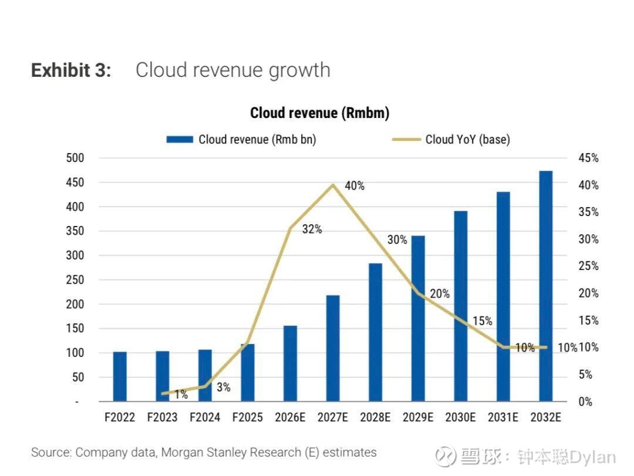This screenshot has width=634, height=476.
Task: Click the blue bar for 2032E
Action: tap(545, 286)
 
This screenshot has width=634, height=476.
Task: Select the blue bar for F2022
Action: tap(120, 376)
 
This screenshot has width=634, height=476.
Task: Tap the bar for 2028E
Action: tap(375, 332)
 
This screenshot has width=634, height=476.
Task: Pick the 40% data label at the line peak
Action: tap(355, 185)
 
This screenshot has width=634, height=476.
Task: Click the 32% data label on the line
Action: tap(312, 229)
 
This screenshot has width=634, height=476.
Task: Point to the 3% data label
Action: tap(224, 387)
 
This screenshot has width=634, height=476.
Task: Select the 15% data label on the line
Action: tap(483, 321)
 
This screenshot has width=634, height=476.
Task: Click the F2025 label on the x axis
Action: tap(248, 417)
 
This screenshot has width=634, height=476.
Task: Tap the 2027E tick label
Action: tap(333, 417)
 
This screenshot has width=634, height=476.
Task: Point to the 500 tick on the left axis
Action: tap(75, 158)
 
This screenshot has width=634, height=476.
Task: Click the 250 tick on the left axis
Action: tap(75, 279)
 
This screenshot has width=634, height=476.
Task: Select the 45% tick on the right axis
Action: tap(588, 158)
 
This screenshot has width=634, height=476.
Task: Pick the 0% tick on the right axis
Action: tap(585, 401)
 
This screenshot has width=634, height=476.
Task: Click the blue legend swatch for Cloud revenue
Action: tap(180, 140)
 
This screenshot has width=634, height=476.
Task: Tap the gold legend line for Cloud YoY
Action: tap(406, 140)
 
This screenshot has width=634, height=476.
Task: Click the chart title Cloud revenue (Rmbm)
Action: tap(319, 113)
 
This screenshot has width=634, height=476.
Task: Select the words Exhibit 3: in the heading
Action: tap(71, 70)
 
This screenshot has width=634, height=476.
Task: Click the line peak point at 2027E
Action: tap(333, 185)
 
